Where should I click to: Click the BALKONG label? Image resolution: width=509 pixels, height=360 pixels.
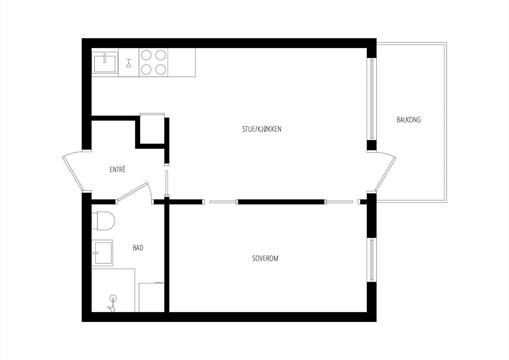point(408,120)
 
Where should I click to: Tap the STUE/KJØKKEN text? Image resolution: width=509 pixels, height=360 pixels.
point(261,129)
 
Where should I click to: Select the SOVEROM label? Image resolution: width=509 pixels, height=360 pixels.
point(265,258)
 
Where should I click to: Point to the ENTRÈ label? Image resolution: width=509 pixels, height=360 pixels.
point(117,170)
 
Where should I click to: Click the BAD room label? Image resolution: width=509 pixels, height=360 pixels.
point(138,248)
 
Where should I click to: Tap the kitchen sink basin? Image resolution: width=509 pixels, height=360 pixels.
point(105,62)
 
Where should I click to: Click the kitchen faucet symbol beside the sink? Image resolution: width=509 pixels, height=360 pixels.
point(129,63)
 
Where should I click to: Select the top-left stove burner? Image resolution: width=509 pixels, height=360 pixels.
point(146,55)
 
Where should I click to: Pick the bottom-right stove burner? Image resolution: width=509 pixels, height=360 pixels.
point(161,69)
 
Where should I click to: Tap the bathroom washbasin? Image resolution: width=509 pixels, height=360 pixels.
point(102,253)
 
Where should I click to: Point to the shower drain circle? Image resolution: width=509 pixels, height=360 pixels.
point(112,298)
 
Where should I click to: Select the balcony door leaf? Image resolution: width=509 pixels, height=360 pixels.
point(386,174)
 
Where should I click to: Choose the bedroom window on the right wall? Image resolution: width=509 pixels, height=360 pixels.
point(371,259)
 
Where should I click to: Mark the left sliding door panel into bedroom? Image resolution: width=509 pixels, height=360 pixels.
point(223,201)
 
